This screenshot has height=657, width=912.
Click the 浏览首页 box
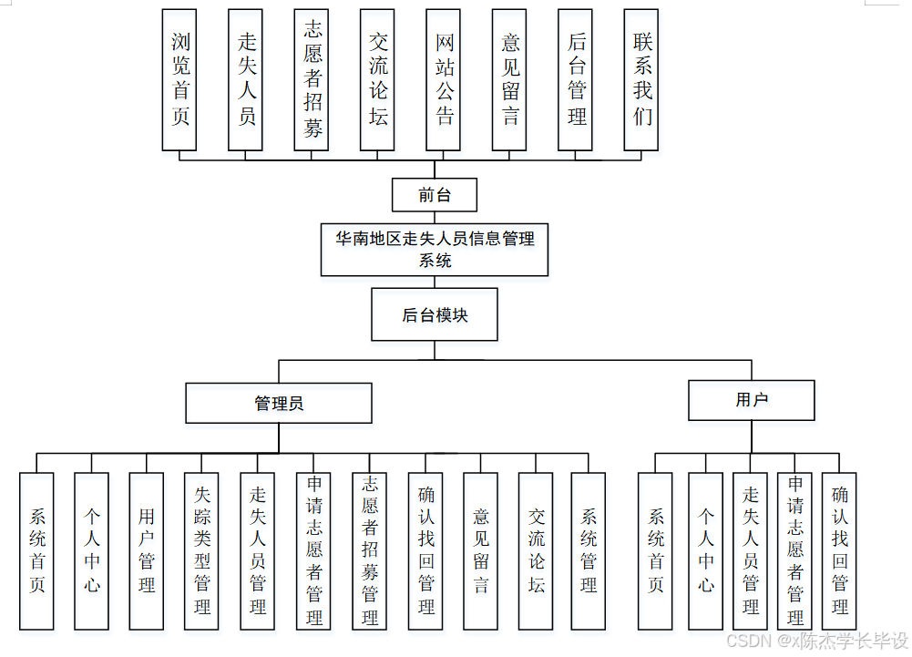pos(179,80)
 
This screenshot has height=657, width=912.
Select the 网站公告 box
pos(443,80)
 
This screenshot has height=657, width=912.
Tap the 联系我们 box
pos(641,80)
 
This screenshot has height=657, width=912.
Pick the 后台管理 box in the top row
pos(575,80)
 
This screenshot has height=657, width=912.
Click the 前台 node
pos(435,195)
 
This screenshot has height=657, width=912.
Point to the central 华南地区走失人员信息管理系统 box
pos(435,250)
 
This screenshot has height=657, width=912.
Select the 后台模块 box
pos(435,315)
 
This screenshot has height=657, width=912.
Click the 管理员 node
pos(279,403)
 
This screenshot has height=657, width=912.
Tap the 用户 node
pos(751,400)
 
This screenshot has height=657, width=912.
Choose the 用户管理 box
pos(147,550)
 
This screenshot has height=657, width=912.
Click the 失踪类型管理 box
pos(202,550)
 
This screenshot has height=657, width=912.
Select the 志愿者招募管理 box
pos(369,550)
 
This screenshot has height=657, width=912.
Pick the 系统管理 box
pos(589,550)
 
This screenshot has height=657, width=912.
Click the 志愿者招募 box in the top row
pos(312,80)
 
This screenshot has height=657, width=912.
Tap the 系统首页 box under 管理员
pos(36,550)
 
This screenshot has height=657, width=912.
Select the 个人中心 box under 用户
pos(705,550)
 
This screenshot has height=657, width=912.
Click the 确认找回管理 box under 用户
pos(839,550)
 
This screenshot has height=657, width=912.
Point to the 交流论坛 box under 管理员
pos(536,550)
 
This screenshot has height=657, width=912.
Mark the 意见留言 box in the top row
pos(509,80)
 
